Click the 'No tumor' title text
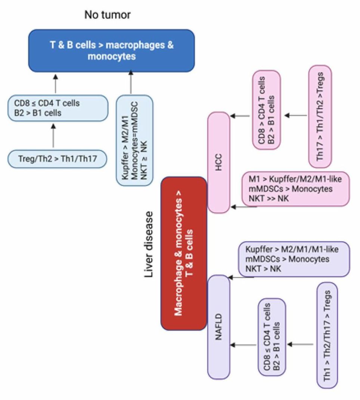[x=108, y=15]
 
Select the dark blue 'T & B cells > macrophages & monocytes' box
[x=112, y=50]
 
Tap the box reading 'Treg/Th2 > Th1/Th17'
[x=58, y=159]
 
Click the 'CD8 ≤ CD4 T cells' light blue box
[x=58, y=108]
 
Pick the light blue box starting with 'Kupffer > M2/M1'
[x=135, y=140]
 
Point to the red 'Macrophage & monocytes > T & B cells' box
[x=184, y=253]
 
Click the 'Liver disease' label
[x=149, y=244]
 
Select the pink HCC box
[x=219, y=162]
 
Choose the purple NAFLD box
[x=219, y=327]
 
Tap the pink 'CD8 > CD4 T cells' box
[x=266, y=110]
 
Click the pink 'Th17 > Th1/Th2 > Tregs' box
[x=320, y=116]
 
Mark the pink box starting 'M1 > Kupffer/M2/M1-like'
[x=295, y=189]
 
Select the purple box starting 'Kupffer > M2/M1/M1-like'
[x=294, y=259]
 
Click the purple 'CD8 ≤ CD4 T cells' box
[x=272, y=337]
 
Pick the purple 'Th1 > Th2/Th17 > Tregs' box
[x=328, y=335]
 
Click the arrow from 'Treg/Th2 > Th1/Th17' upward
[x=53, y=136]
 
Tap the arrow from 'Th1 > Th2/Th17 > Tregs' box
[x=300, y=344]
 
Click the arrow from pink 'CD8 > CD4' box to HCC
[x=240, y=116]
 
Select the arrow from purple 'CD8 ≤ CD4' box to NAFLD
[x=243, y=345]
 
